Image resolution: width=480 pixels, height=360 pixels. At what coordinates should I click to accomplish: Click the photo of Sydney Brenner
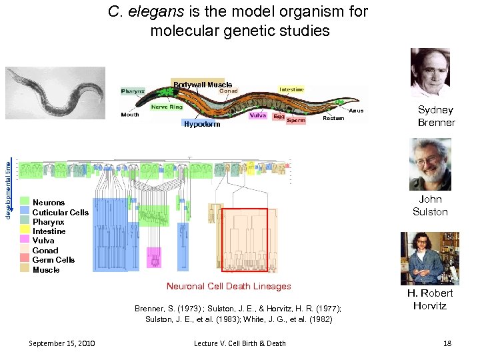430,73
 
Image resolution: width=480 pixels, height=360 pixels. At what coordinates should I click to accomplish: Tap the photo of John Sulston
430,164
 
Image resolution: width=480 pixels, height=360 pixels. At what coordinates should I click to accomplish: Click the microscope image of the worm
55,93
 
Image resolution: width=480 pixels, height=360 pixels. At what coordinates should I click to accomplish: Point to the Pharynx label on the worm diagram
133,91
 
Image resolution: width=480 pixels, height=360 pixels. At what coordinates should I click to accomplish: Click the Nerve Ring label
167,107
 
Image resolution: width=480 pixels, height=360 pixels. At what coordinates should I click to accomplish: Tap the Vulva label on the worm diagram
257,115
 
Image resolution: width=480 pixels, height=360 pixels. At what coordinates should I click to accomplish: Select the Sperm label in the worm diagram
296,121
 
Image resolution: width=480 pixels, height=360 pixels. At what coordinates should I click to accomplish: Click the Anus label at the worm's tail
356,111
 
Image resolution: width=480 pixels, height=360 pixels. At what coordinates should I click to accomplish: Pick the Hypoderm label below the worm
201,124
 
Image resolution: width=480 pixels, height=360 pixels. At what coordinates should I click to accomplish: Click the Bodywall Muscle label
202,85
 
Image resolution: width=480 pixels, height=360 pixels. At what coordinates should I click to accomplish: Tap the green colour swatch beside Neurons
25,202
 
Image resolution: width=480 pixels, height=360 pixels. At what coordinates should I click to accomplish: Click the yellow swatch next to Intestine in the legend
25,231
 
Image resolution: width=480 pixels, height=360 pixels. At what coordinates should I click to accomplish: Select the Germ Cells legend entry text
53,260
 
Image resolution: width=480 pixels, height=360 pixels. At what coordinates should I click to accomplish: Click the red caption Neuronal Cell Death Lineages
229,286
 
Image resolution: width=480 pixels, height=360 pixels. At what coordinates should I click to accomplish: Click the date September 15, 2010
62,343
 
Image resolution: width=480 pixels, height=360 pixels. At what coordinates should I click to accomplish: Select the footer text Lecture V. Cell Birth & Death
239,343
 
